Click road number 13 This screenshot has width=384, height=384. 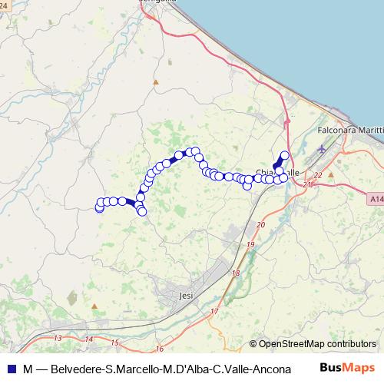58,338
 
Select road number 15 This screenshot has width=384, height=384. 114,342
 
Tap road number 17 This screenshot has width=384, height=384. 213,312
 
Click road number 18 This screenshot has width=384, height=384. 235,273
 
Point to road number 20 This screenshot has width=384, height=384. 260,225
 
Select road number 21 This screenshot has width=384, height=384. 308,185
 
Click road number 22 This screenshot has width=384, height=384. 318,175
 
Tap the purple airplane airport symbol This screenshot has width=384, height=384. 321,151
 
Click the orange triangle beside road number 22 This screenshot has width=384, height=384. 331,174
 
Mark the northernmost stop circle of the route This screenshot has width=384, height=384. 284,155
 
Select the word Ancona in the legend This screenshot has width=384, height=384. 270,368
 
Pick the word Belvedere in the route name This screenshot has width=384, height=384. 78,368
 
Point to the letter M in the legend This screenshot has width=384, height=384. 28,368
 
